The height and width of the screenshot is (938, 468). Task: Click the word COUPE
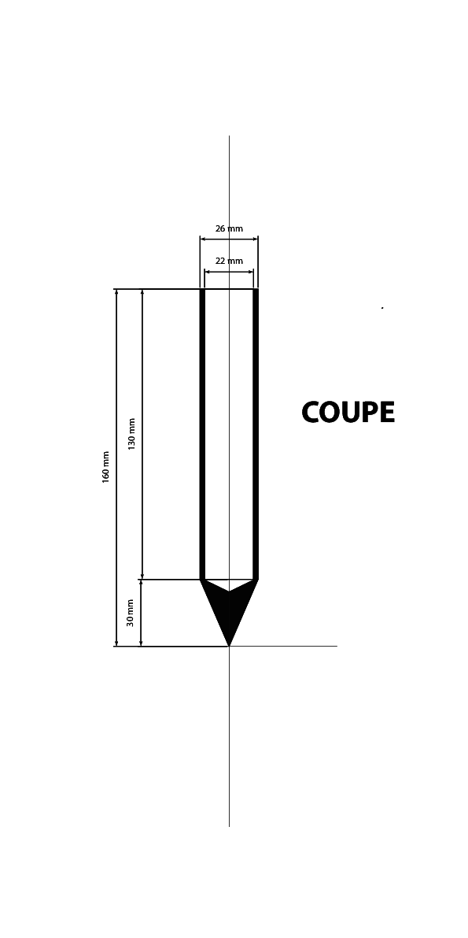348,413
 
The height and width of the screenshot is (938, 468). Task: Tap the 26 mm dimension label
229,228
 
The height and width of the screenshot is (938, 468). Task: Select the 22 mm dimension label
229,261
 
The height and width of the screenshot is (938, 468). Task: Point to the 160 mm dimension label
106,467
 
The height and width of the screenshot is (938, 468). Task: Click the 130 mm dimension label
132,434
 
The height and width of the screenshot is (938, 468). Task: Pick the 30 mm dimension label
131,613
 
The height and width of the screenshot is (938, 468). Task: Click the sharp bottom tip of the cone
229,646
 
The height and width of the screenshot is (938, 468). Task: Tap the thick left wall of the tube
203,434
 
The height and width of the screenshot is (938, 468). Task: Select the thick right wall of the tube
255,434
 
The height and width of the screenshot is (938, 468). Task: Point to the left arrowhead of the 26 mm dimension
203,239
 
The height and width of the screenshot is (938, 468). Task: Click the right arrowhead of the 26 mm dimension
255,239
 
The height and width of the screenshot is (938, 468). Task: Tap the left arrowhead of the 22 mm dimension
208,272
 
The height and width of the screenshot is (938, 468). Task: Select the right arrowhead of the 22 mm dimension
250,272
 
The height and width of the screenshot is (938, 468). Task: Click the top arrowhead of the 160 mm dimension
116,292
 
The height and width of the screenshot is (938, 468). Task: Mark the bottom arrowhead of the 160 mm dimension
116,643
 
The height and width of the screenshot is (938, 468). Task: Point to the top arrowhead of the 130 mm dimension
142,292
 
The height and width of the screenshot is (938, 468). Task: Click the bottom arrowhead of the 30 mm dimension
141,643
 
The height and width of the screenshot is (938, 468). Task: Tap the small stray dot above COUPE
382,308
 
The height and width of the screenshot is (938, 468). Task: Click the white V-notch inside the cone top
229,584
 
